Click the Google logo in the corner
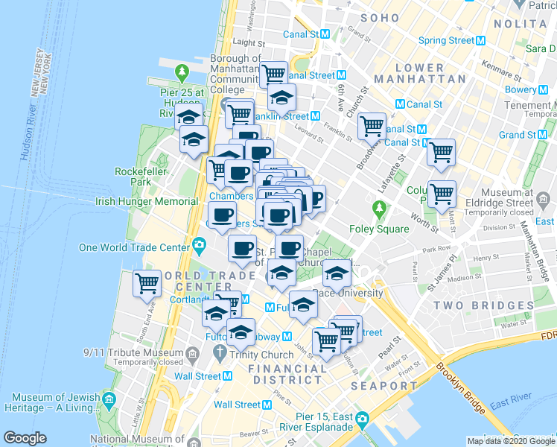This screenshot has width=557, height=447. click(x=25, y=438)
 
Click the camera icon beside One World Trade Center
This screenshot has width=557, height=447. click(x=199, y=245)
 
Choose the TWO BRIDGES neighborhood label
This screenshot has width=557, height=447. click(x=494, y=305)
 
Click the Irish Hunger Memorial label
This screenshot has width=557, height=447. click(x=145, y=201)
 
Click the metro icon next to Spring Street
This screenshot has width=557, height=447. click(x=480, y=40)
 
